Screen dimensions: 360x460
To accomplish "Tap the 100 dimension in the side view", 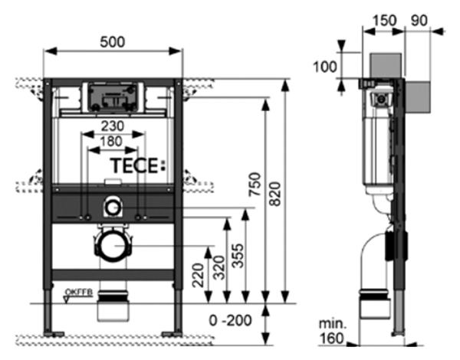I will pyautogui.click(x=326, y=66).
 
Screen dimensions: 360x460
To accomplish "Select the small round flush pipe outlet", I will pyautogui.click(x=113, y=205).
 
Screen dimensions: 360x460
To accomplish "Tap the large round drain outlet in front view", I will pyautogui.click(x=113, y=247).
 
